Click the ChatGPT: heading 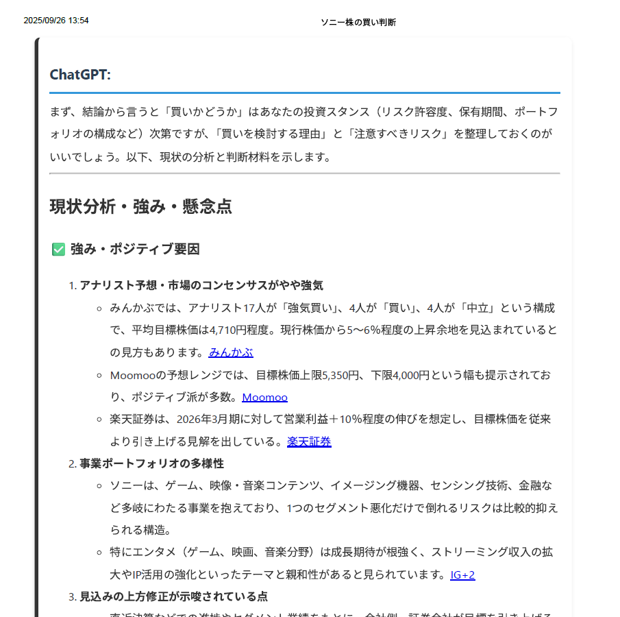[80, 75]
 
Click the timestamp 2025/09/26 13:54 [56, 21]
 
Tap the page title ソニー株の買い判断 [358, 23]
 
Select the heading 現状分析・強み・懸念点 [140, 206]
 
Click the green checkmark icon [58, 250]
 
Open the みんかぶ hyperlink [231, 352]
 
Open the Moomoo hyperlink [264, 397]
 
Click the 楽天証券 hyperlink [309, 441]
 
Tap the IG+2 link [462, 574]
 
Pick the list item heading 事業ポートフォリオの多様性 [151, 463]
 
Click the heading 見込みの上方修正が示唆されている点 [173, 596]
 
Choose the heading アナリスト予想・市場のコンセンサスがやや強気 [201, 285]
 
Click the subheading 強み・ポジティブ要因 [135, 250]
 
